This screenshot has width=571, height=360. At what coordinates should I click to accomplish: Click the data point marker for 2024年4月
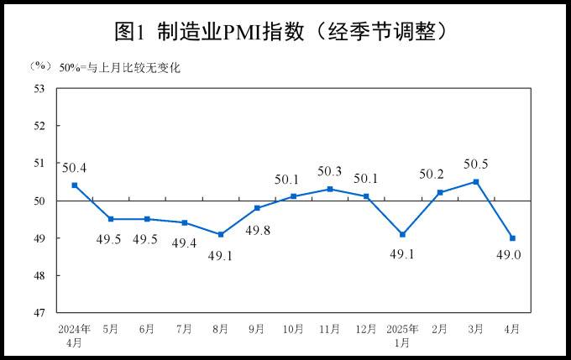(75, 185)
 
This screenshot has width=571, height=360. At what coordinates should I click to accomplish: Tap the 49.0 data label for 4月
(511, 256)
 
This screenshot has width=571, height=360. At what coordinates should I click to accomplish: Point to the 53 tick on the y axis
(39, 88)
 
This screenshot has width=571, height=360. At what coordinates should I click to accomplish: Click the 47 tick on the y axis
(39, 313)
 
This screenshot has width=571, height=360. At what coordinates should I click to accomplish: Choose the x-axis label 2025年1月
(402, 336)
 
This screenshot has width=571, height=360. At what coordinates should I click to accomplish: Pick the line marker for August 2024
(220, 234)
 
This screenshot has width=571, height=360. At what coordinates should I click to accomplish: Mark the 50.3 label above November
(330, 171)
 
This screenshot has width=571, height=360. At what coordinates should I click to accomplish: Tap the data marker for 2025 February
(440, 193)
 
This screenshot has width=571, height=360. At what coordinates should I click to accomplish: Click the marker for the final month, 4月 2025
(512, 238)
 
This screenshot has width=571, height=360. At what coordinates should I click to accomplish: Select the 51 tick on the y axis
(39, 163)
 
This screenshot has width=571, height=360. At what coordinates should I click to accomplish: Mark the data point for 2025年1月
(402, 234)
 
